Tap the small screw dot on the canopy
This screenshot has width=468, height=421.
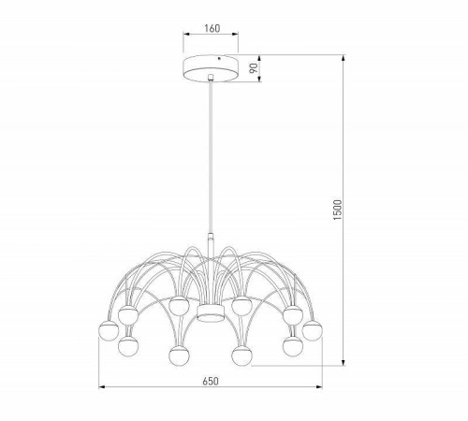[219, 64]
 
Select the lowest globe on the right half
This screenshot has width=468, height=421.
[243, 356]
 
